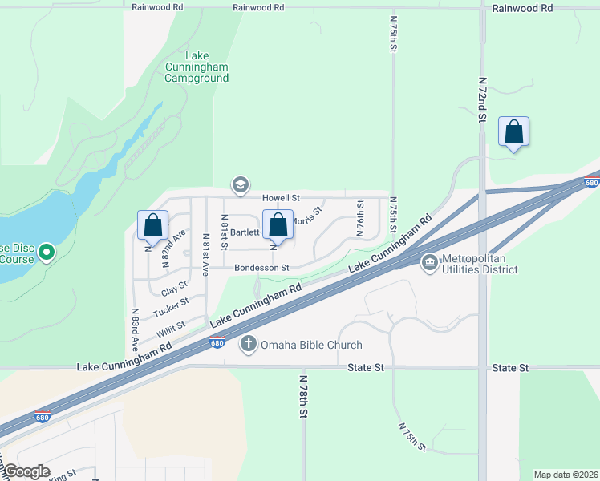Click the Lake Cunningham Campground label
click(197, 67)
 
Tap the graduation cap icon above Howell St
click(239, 185)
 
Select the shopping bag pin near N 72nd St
click(513, 132)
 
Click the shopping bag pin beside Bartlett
click(278, 225)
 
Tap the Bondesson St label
click(261, 268)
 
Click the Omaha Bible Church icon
click(249, 344)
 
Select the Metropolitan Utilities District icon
click(429, 262)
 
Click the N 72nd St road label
click(482, 99)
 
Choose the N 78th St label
click(304, 396)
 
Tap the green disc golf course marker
click(47, 253)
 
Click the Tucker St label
click(171, 306)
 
